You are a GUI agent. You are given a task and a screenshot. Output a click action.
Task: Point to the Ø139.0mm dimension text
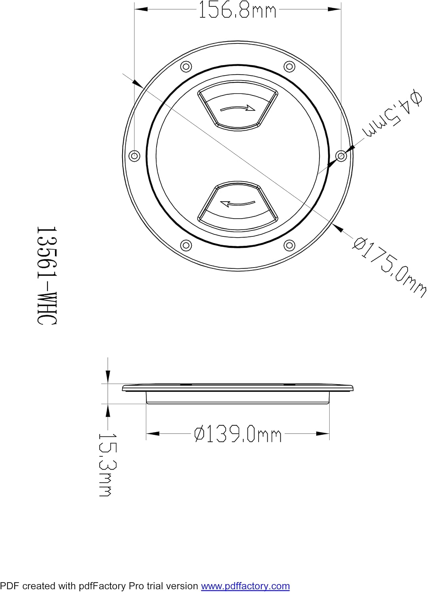pyautogui.click(x=238, y=434)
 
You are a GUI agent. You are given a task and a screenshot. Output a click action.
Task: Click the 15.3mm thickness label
pyautogui.click(x=108, y=467)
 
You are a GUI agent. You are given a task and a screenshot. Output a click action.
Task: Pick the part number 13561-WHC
pyautogui.click(x=47, y=275)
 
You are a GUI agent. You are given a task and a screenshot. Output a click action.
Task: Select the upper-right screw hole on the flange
pyautogui.click(x=289, y=66)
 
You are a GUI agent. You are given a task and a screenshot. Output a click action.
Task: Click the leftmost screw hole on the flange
pyautogui.click(x=134, y=155)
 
